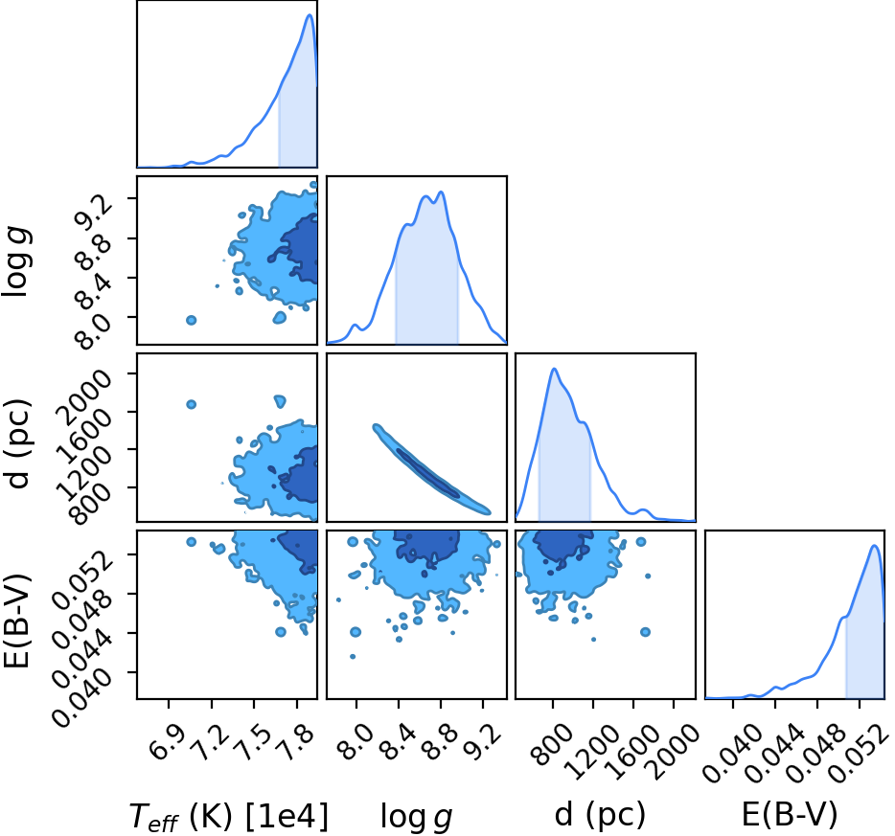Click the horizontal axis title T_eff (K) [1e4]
click(x=229, y=817)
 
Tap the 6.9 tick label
click(x=169, y=742)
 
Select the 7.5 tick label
click(x=255, y=742)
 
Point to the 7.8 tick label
click(x=297, y=742)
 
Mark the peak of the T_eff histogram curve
click(x=310, y=14)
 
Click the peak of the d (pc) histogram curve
click(x=554, y=369)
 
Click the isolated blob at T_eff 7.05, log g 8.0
click(x=192, y=321)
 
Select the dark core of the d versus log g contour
click(x=428, y=474)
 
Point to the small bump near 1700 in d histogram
click(x=643, y=509)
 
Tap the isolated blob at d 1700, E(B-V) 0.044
click(x=646, y=632)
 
